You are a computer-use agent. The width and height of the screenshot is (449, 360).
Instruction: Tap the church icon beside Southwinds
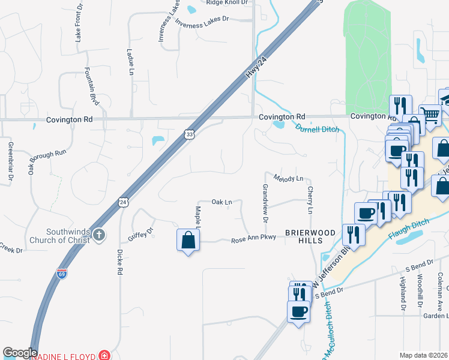point(99,235)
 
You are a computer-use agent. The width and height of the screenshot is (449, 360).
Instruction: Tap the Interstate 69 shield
point(62,272)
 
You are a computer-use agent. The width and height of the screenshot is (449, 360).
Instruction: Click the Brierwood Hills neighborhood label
point(304,236)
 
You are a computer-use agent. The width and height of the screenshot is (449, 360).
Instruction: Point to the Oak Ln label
point(221,202)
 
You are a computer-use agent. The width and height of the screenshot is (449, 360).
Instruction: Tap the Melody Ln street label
point(289,178)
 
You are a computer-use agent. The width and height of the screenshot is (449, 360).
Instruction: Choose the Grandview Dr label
point(264,201)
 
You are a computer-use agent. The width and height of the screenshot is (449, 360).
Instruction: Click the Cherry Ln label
point(310,200)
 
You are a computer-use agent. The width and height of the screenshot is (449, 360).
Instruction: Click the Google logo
point(20,353)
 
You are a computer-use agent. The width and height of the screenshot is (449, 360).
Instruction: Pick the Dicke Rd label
point(120,262)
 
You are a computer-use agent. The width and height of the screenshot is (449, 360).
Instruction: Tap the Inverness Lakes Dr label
point(203,21)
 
